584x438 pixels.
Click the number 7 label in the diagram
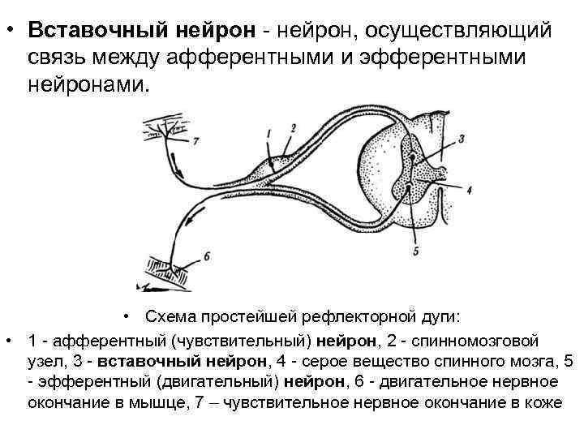195,141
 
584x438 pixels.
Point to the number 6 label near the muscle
207,255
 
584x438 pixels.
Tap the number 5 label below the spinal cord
416,252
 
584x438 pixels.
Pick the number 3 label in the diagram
461,139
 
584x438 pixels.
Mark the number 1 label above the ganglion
268,131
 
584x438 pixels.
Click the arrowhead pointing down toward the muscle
189,219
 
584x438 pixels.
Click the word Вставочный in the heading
93,30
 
